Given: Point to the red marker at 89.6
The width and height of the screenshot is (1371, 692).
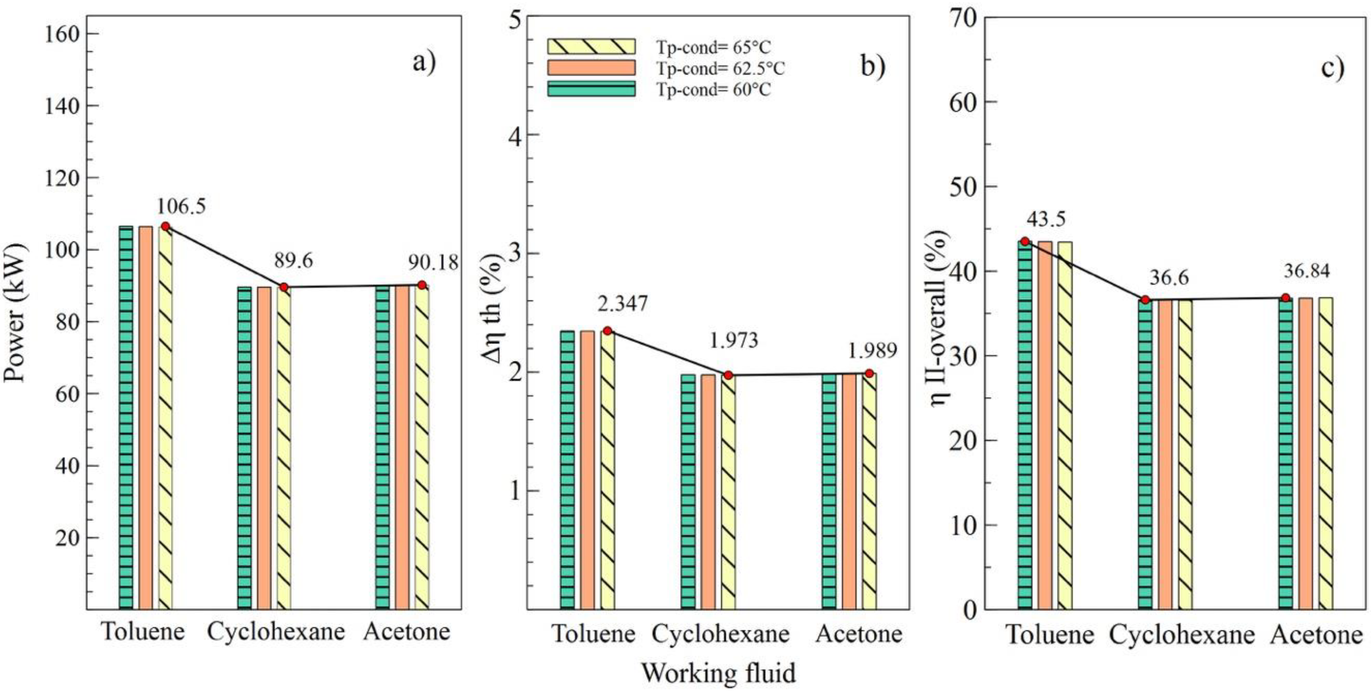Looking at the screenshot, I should tap(284, 287).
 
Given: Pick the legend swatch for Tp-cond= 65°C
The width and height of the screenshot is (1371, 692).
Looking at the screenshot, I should tap(591, 46).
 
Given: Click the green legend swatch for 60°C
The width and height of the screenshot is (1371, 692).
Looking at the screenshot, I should tap(591, 89).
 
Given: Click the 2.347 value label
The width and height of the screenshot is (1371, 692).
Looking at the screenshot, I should tap(622, 303).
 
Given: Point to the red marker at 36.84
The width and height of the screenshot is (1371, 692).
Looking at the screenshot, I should tap(1285, 297).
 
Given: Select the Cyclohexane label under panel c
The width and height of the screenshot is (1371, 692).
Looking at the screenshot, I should tap(1181, 635).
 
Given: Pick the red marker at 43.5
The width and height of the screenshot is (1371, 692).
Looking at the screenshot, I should tap(1025, 241).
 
